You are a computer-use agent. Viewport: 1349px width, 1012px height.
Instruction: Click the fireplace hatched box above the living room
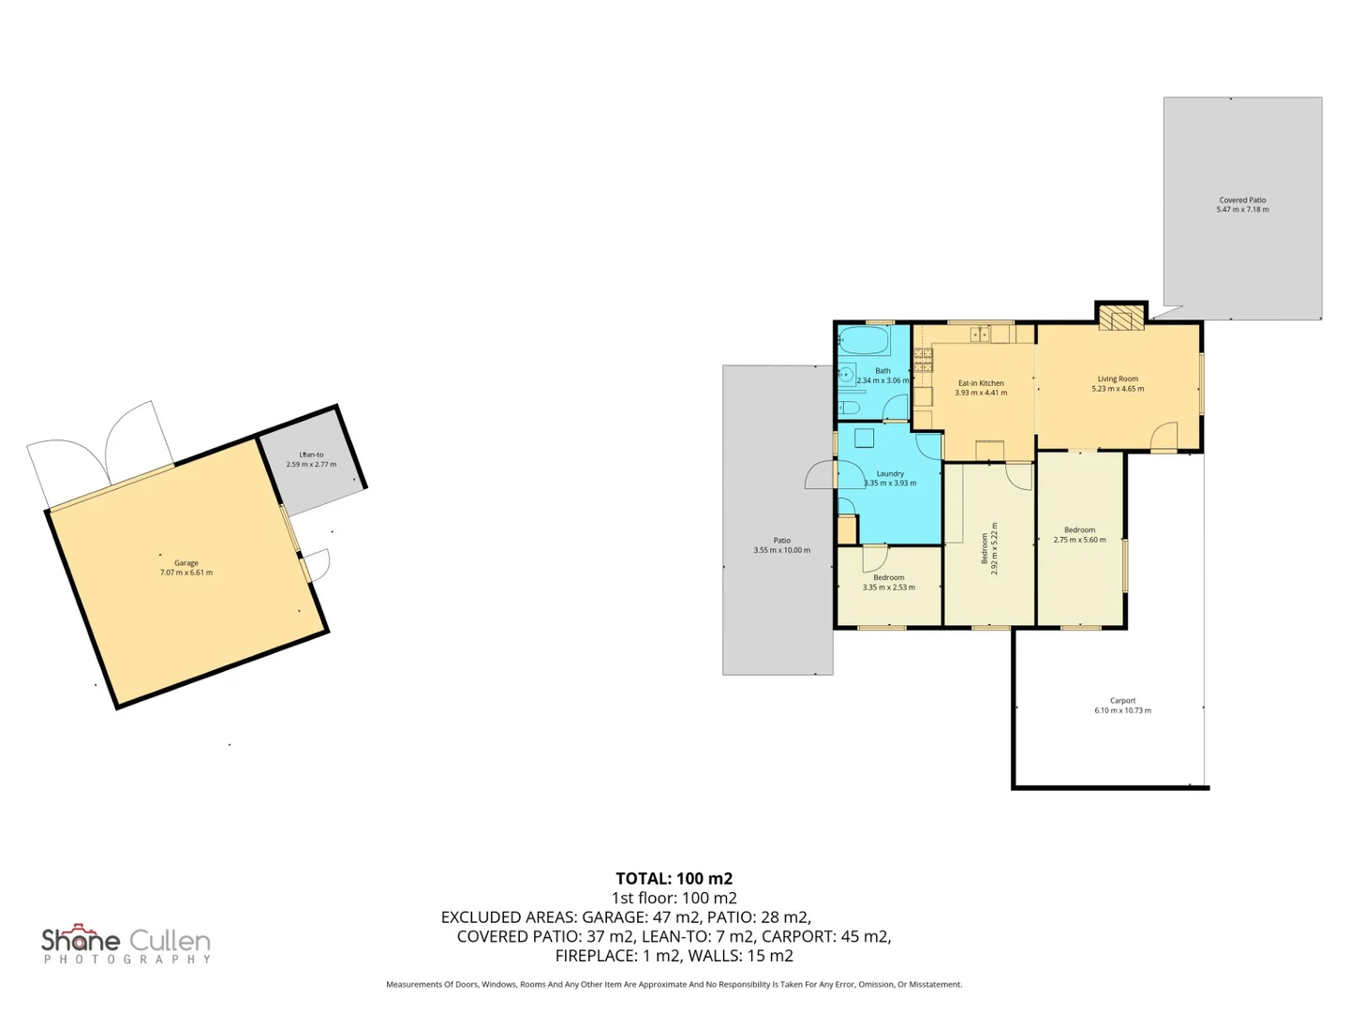pyautogui.click(x=1120, y=318)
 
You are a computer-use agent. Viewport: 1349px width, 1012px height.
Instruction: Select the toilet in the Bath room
pyautogui.click(x=849, y=408)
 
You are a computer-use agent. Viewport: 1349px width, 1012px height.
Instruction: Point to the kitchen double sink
pyautogui.click(x=980, y=334)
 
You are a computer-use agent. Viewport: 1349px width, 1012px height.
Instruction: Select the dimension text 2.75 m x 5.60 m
pyautogui.click(x=1079, y=540)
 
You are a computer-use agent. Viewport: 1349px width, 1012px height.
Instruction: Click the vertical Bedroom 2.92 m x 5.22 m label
pyautogui.click(x=989, y=548)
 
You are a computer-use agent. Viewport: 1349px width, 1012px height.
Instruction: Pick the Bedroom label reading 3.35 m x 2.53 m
pyautogui.click(x=888, y=583)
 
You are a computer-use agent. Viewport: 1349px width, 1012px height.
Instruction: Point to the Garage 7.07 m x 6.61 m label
pyautogui.click(x=185, y=568)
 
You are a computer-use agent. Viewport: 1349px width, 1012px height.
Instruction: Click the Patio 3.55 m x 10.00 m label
pyautogui.click(x=781, y=545)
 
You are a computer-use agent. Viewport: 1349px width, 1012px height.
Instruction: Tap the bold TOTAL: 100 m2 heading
pyautogui.click(x=674, y=878)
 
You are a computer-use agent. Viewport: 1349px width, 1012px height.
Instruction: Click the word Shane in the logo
pyautogui.click(x=81, y=940)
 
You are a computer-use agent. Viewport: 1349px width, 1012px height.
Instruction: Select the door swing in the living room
pyautogui.click(x=1164, y=436)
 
